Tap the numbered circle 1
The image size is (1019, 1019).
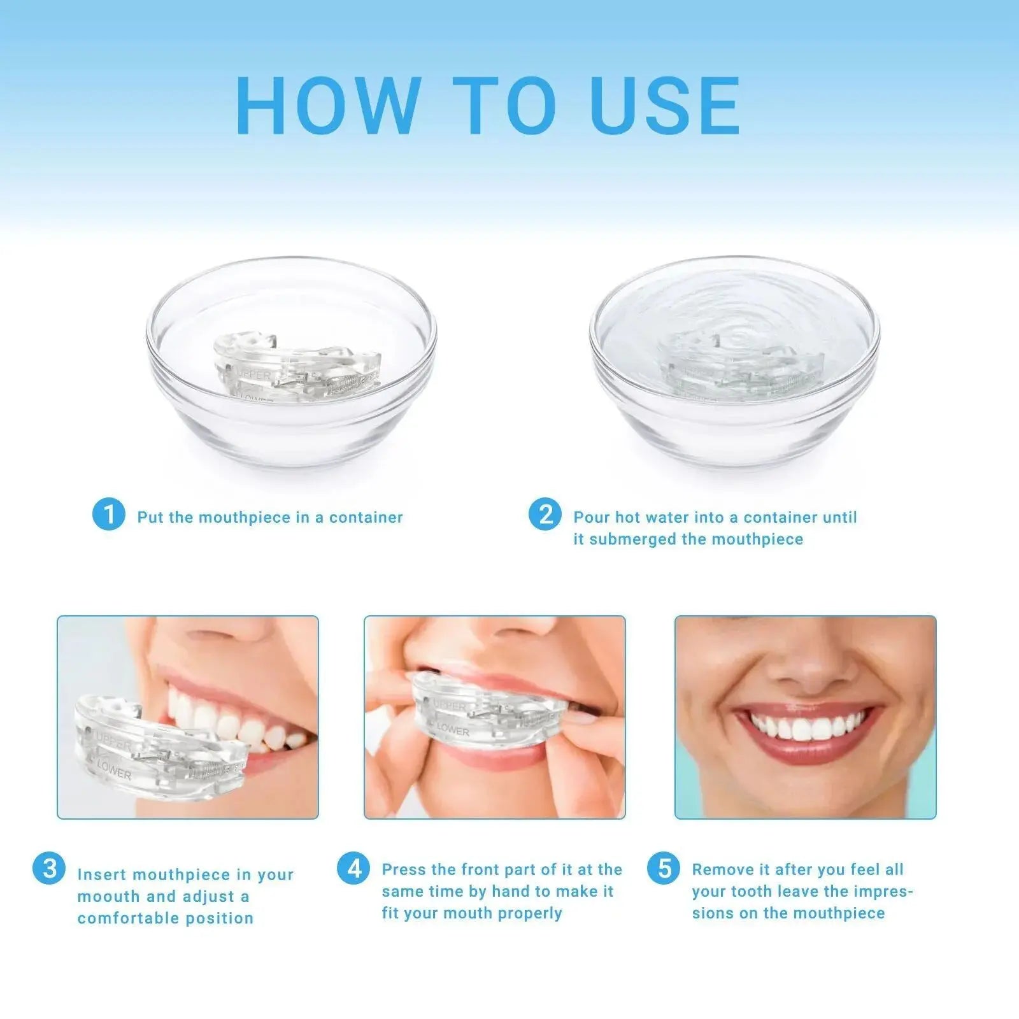coord(108,514)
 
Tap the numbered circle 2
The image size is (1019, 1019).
coord(545,514)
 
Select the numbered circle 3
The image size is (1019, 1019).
coord(49,868)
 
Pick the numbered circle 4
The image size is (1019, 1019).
coord(353,868)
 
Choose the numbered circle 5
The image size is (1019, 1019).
coord(664,868)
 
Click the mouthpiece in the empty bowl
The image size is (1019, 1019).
coord(296,368)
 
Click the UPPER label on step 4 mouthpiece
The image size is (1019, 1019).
coord(450,706)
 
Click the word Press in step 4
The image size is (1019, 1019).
coord(404,870)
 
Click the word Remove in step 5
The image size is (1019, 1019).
coord(720,870)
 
